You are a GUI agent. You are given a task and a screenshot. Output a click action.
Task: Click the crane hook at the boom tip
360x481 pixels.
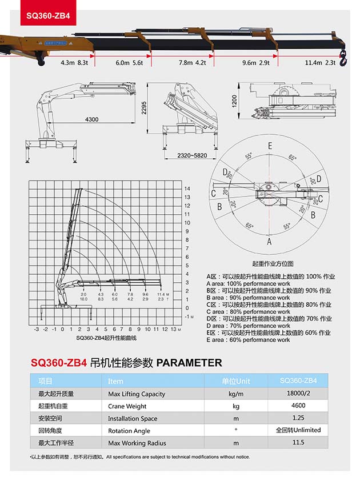point(343,55)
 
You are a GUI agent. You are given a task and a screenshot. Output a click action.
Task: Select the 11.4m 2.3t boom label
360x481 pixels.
point(319,63)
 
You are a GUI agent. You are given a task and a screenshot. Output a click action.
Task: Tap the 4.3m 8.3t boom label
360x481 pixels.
point(75,63)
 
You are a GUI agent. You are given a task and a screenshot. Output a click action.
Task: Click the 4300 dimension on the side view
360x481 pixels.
point(91,119)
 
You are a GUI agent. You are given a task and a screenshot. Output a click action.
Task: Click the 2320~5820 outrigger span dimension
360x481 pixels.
point(191,155)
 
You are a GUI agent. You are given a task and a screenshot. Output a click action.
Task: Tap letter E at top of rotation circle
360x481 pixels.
point(270,146)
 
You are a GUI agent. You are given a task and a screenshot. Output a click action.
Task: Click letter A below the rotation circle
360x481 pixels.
point(269,242)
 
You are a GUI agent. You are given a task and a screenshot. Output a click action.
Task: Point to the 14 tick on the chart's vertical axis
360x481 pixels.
point(186,189)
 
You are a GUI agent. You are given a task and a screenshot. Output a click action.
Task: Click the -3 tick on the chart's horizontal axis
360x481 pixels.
point(37,329)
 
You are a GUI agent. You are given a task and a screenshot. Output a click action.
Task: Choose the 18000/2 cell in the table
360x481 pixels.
point(298,394)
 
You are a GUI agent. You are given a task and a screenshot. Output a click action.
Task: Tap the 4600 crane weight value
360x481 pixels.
point(298,406)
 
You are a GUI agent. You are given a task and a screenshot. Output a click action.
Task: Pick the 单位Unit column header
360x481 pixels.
point(236,381)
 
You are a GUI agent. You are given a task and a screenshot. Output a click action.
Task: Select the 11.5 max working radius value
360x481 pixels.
point(298,443)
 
